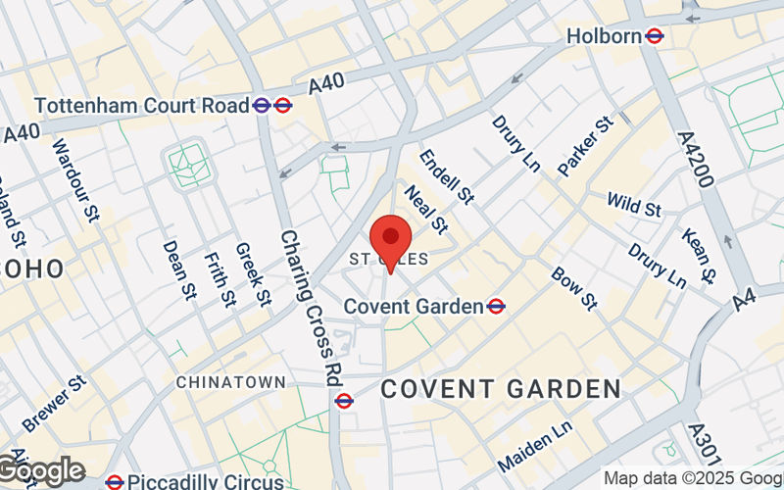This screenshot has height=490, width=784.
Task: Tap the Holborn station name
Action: click(604, 36)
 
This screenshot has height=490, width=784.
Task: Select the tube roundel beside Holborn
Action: click(656, 36)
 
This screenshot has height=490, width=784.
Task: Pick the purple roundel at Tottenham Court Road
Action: click(262, 104)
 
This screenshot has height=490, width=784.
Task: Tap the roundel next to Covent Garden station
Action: click(496, 306)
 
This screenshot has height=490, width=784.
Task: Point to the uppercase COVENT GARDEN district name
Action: click(501, 388)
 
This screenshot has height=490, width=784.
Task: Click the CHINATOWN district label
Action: click(231, 381)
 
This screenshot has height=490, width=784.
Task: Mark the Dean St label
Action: click(177, 269)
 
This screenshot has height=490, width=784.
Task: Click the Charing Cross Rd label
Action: click(305, 305)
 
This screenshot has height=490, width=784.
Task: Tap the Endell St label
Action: click(446, 176)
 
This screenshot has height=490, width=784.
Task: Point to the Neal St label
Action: click(424, 211)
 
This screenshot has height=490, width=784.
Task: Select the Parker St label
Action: click(585, 145)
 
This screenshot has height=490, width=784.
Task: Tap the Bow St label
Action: click(574, 287)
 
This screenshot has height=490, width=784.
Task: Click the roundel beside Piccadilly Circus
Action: click(115, 482)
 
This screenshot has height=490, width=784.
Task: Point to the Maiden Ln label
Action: click(535, 446)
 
